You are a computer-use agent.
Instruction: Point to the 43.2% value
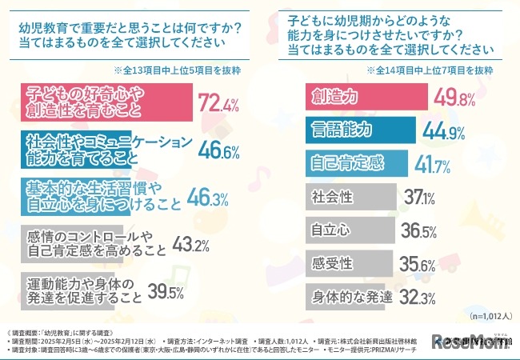point(192,242)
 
